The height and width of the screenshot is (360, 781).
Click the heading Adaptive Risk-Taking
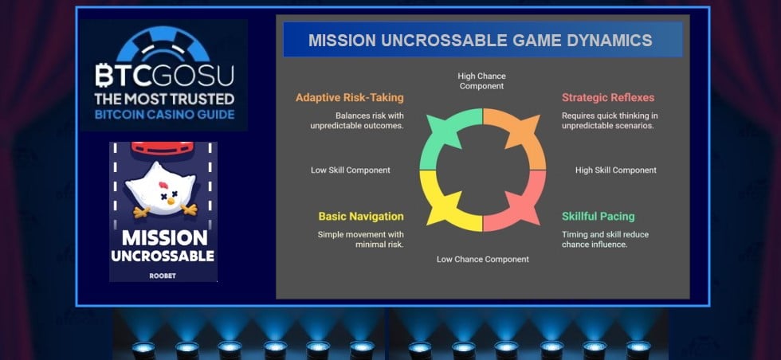[x=349, y=98]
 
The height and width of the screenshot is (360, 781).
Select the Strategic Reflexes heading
[x=608, y=98]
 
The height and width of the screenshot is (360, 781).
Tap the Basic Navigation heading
[x=360, y=217]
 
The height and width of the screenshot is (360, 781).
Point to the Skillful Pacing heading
[x=598, y=217]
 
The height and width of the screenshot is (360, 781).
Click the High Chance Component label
[x=481, y=80]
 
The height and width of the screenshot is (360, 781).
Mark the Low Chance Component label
[x=482, y=259]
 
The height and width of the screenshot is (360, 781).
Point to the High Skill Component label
[x=615, y=170]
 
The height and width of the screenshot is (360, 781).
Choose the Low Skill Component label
[x=350, y=170]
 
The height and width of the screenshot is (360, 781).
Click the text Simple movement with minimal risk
[x=360, y=239]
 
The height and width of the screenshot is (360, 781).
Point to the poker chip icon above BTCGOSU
[x=163, y=44]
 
